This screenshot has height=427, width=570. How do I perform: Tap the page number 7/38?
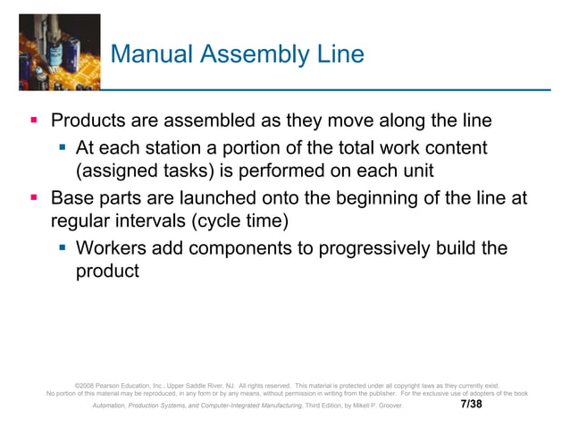pyautogui.click(x=471, y=404)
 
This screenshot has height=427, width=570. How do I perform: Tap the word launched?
pyautogui.click(x=230, y=197)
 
